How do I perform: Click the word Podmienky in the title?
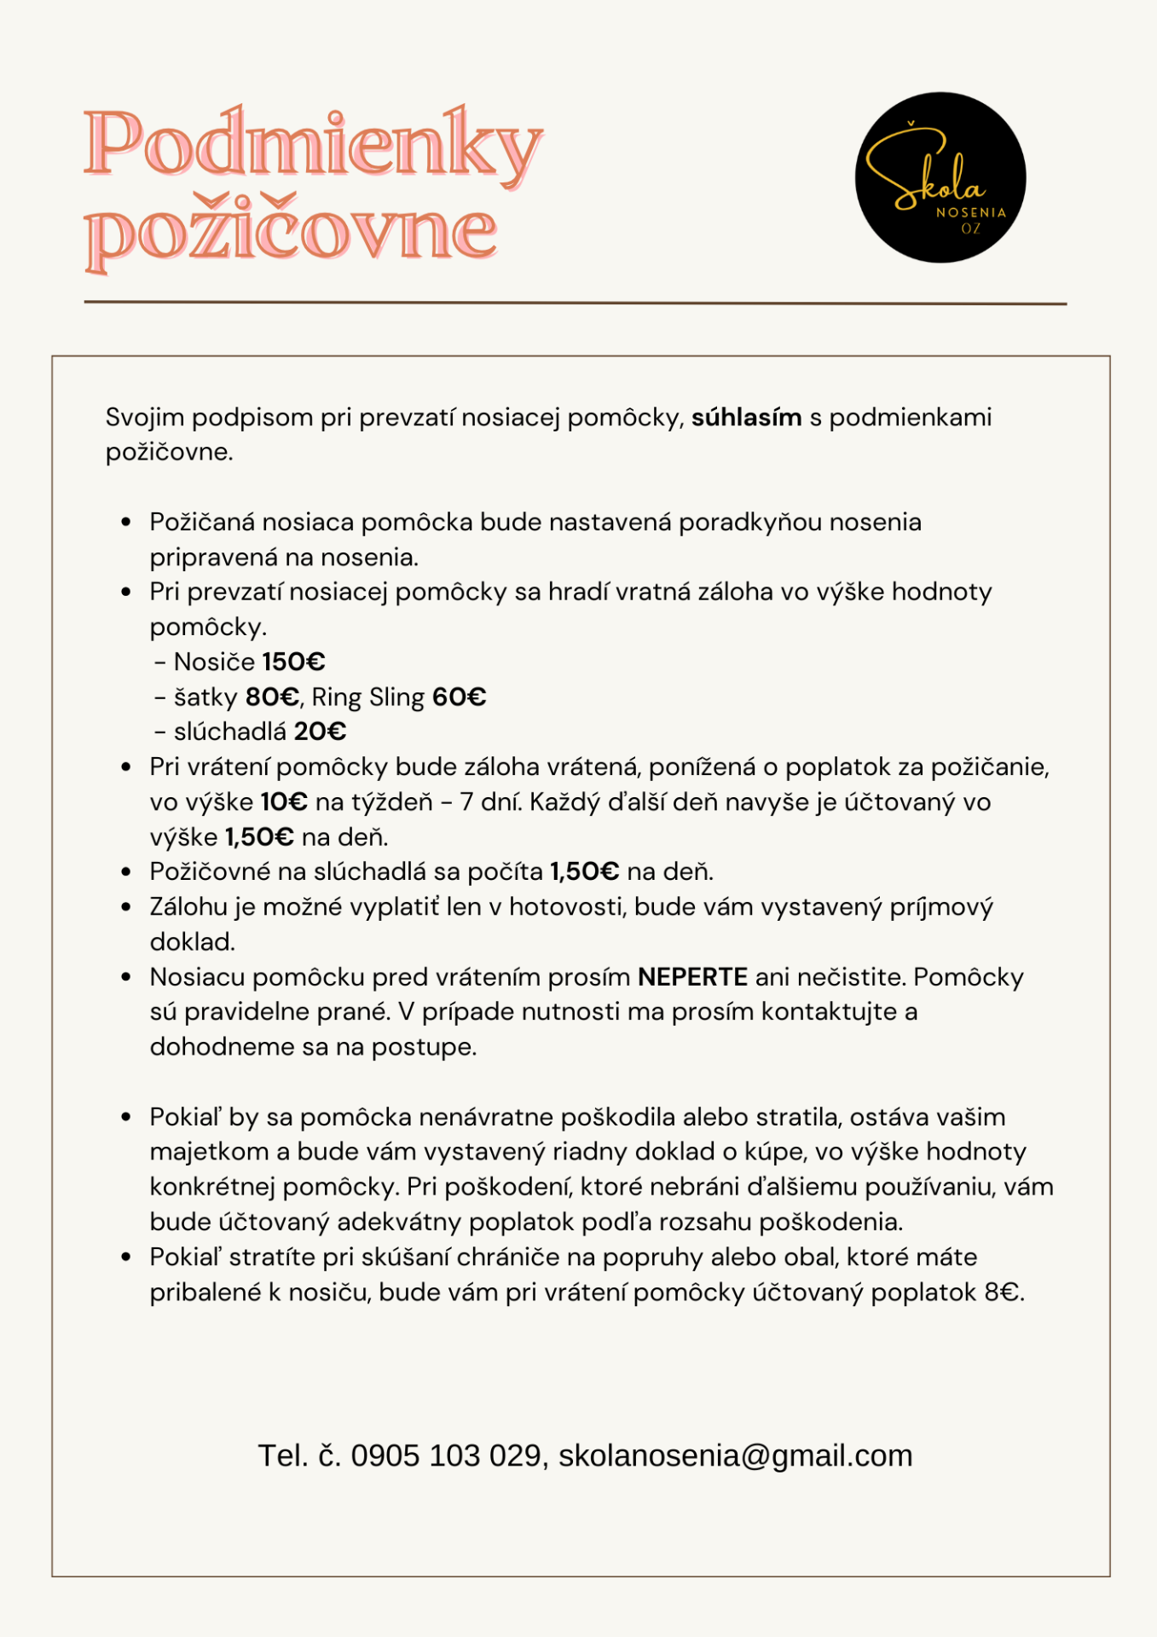point(312,145)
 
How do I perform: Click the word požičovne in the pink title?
point(291,232)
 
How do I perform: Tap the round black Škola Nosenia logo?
point(940,177)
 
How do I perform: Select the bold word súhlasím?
point(746,418)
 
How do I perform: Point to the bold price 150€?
point(293,662)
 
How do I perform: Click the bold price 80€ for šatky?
point(272,697)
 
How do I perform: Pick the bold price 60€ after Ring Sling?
point(459,697)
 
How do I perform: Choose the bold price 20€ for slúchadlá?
point(320,732)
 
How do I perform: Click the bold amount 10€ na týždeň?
point(284,802)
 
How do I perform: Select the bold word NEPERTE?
point(692,977)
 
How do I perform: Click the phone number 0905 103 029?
point(446,1455)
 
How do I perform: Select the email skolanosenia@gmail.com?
point(735,1455)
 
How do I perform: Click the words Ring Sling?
point(368,697)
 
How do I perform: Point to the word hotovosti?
point(566,907)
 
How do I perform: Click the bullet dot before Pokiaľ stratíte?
point(126,1258)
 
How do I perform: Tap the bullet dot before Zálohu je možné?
point(126,907)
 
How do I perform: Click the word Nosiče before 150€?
point(214,662)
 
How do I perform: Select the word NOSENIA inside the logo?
point(971,212)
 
